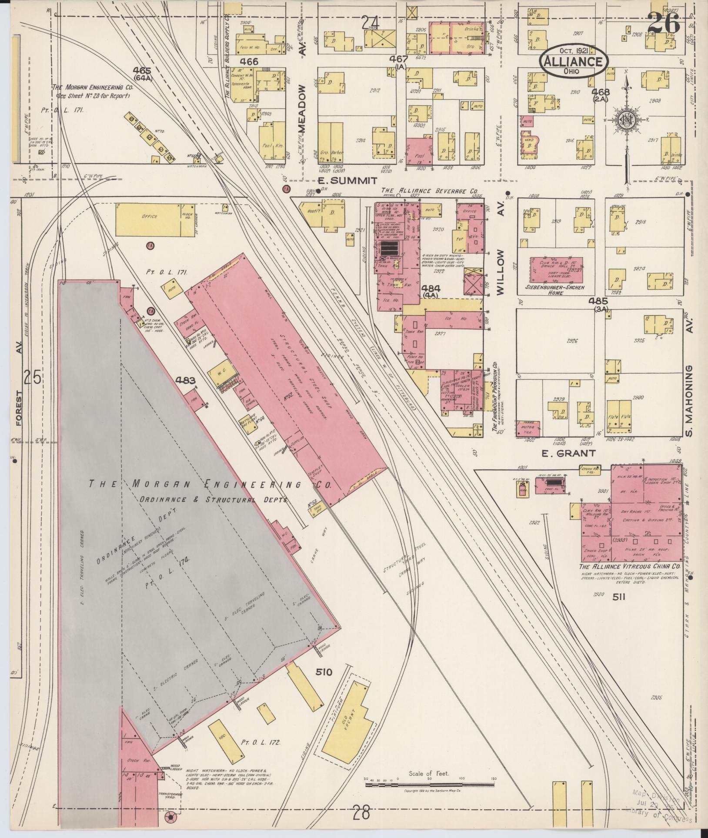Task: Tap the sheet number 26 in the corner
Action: tap(663, 23)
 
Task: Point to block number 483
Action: tap(186, 380)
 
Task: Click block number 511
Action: tap(619, 598)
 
